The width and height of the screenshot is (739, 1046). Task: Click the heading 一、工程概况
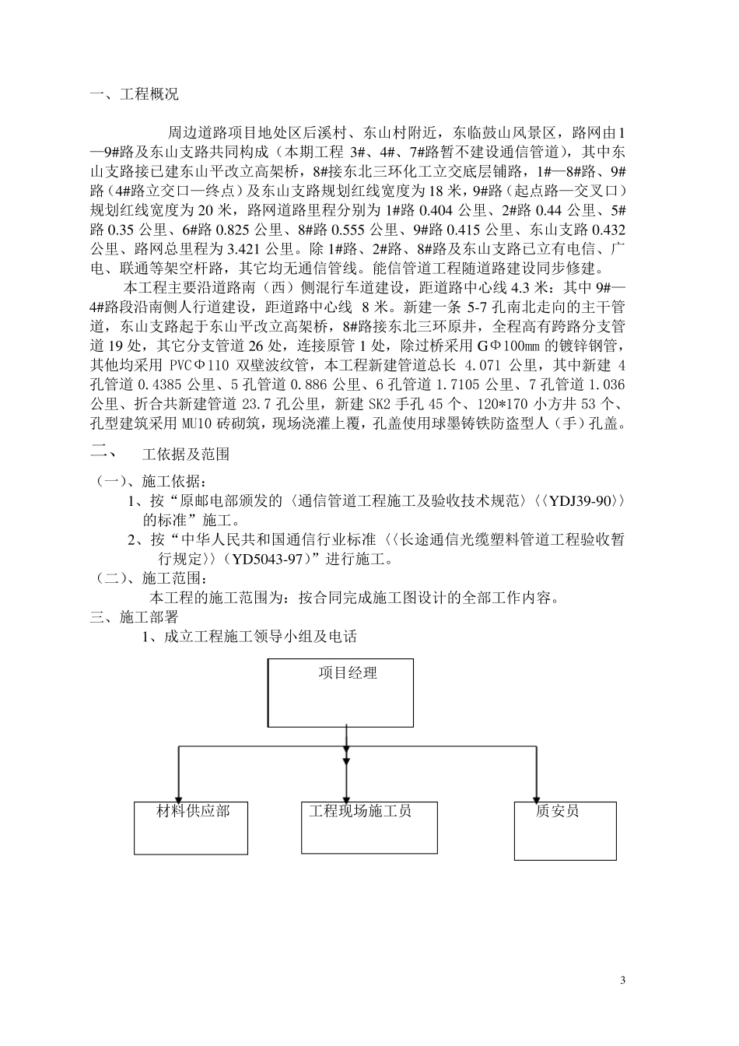click(x=134, y=95)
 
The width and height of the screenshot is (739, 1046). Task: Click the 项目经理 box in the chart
click(x=341, y=693)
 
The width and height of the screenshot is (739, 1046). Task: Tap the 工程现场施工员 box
click(x=369, y=827)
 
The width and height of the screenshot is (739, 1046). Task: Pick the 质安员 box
click(x=566, y=830)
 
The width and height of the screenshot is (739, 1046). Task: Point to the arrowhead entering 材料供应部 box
click(x=180, y=796)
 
